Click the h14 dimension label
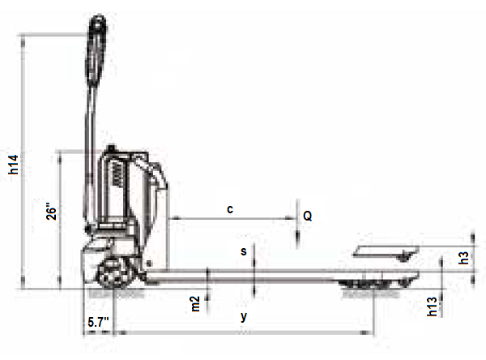click(x=14, y=165)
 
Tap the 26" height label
click(x=52, y=212)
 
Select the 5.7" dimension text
click(x=98, y=322)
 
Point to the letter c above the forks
click(x=230, y=209)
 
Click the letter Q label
click(x=307, y=216)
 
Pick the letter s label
click(x=244, y=251)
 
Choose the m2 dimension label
click(x=195, y=304)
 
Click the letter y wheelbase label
click(x=244, y=317)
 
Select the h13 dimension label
click(x=432, y=306)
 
